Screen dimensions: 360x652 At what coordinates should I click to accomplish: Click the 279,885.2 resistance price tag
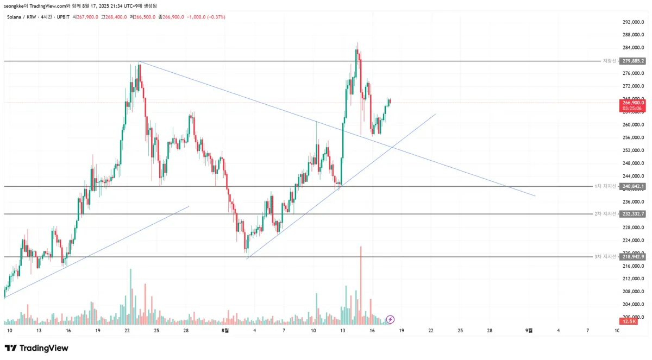(633, 61)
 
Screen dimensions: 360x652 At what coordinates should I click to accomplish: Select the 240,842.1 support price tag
(633, 186)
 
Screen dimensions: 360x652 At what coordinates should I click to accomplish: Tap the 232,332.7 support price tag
(633, 214)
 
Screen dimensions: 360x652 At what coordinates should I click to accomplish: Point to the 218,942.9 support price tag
(633, 256)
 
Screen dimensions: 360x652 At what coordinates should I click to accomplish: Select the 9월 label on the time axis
(529, 330)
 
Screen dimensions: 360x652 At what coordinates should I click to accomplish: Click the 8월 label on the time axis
(225, 330)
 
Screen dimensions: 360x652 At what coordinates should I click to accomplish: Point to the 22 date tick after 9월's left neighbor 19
(431, 330)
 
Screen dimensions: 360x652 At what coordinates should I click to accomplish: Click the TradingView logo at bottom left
(36, 348)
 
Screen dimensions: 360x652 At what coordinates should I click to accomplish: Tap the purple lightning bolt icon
(390, 319)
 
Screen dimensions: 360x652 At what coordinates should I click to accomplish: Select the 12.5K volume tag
(630, 321)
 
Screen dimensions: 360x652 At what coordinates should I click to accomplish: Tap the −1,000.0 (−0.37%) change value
(206, 17)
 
